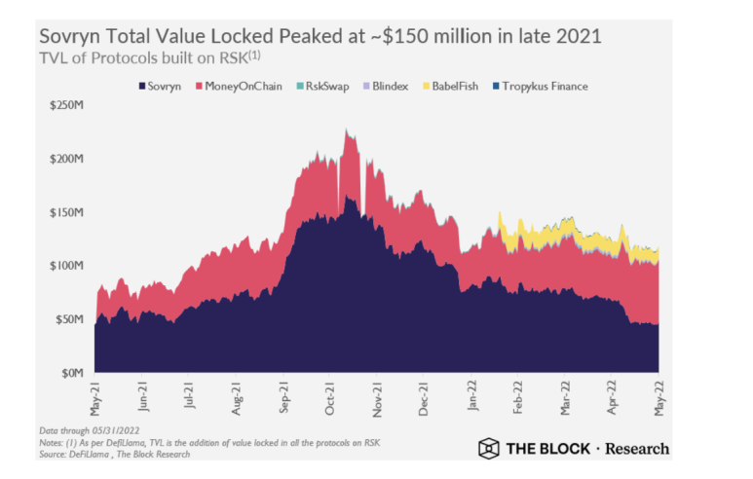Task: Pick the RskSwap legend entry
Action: [x=324, y=86]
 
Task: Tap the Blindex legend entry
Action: [x=389, y=86]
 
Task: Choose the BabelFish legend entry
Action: [x=458, y=86]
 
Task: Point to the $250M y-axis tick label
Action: [x=66, y=104]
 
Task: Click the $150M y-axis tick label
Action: [x=66, y=211]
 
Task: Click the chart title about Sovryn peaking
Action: [x=320, y=35]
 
